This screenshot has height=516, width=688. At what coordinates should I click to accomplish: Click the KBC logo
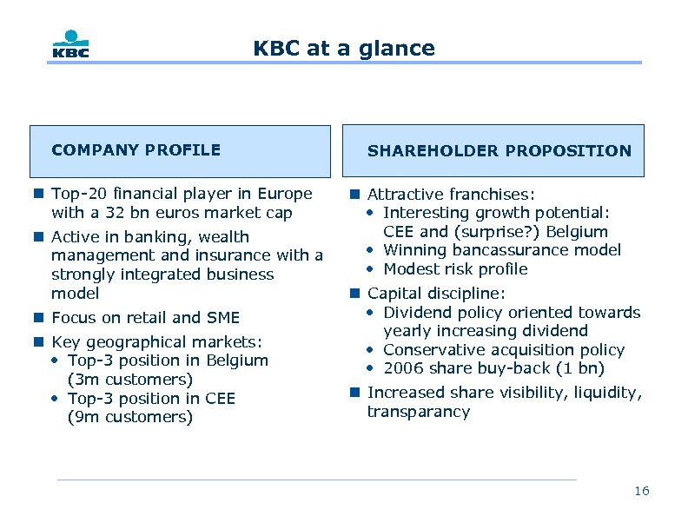click(x=69, y=44)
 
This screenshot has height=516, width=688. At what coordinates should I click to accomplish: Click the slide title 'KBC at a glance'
click(x=344, y=49)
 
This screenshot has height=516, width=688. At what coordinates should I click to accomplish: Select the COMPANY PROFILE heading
click(x=136, y=150)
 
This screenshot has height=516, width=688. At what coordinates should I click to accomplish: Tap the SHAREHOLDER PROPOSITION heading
click(x=499, y=151)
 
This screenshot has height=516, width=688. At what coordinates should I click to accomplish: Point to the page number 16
click(x=641, y=492)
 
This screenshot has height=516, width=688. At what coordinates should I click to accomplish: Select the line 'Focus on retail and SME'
click(x=145, y=318)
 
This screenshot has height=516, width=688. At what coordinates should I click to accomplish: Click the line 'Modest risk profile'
click(x=455, y=269)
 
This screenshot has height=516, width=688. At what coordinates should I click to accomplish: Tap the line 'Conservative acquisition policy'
click(x=504, y=350)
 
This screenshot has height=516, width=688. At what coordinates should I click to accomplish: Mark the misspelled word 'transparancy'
click(x=418, y=412)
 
